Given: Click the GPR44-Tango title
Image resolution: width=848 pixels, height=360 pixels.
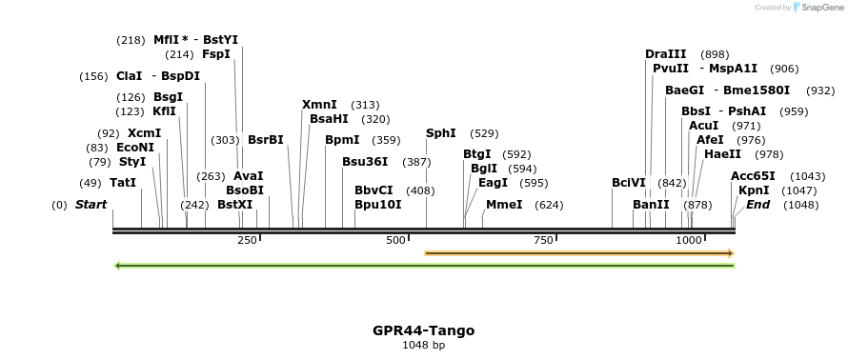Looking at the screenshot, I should (x=423, y=330).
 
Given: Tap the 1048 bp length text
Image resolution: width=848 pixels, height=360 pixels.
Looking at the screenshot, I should (x=423, y=345).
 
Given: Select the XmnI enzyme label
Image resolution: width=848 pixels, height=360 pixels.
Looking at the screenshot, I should (x=319, y=105).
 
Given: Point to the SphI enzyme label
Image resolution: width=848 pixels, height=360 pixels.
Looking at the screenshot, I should (x=441, y=133).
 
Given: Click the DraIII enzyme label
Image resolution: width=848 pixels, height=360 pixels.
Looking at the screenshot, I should (x=665, y=54).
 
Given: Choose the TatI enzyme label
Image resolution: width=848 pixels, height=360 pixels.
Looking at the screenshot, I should (x=122, y=182).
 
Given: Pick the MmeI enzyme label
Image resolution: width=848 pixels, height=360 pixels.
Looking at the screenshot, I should (x=504, y=204).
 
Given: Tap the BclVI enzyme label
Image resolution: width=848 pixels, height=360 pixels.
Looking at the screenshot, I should (x=629, y=182).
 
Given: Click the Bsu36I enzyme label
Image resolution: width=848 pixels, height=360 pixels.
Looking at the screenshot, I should (x=365, y=162).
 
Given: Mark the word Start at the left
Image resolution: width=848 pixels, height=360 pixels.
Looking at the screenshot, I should (x=91, y=205).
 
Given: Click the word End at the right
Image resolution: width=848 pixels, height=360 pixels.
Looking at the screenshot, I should (x=757, y=204).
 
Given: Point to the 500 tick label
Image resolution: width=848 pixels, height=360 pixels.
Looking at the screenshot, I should (x=396, y=241).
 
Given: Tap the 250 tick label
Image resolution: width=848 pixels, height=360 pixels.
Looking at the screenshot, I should (x=247, y=241).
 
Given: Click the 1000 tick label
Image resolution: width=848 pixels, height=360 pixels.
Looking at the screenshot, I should (x=688, y=241).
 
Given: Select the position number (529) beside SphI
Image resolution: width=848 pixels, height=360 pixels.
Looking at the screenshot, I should (x=484, y=133).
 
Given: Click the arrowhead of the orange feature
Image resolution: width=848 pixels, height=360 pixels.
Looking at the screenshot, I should (x=730, y=253).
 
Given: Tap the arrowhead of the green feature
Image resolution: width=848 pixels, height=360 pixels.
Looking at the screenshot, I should (x=117, y=265).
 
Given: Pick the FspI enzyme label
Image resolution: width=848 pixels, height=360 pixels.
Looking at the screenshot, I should (x=215, y=54).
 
